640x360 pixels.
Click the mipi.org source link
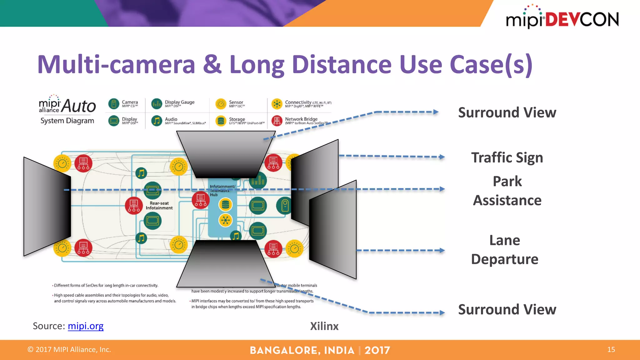85,326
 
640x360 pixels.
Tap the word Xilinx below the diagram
324,326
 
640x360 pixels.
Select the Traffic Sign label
507,157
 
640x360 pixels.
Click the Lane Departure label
505,250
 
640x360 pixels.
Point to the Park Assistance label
507,191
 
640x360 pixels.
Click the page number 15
611,349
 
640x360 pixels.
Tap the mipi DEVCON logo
562,18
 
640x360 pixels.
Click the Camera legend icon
114,104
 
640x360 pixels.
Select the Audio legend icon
157,121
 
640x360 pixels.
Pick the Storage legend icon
221,121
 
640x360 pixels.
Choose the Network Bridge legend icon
277,121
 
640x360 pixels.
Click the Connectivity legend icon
277,104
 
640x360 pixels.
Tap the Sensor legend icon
221,104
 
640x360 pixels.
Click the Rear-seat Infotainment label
159,205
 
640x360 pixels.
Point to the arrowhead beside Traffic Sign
442,157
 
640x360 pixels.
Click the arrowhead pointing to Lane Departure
442,250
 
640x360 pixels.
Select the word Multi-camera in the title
116,64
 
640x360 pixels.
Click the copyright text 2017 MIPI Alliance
69,349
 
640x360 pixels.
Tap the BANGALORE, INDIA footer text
302,350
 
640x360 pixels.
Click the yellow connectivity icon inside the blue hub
225,220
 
